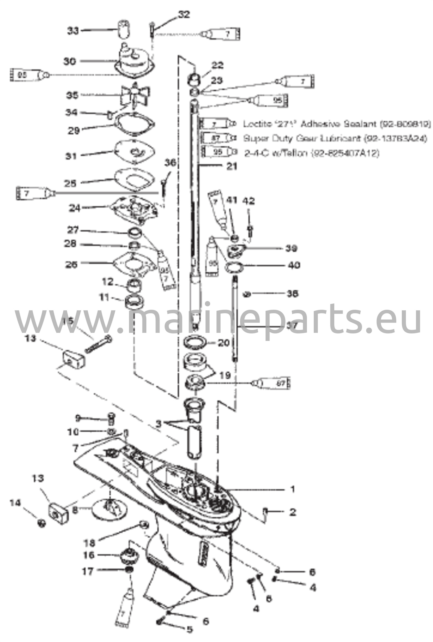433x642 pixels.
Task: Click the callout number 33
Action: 73,31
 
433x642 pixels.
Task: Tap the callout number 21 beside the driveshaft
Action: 232,166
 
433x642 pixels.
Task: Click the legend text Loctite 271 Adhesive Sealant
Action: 337,124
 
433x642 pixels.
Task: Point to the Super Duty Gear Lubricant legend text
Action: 335,138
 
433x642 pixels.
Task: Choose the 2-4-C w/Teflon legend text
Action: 311,153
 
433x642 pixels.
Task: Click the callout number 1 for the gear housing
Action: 293,488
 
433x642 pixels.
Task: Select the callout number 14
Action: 15,503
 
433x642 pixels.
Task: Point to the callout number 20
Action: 223,343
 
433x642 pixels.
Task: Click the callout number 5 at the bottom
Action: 190,629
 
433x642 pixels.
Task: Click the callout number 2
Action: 292,512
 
